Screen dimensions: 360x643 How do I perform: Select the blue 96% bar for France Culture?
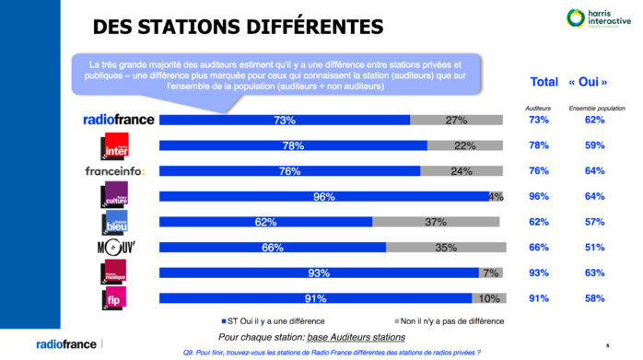point(323,196)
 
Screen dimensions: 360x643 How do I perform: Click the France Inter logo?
point(115,145)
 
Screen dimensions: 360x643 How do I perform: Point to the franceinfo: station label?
point(115,171)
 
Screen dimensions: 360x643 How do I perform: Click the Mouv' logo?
point(115,247)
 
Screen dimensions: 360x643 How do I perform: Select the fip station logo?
point(115,297)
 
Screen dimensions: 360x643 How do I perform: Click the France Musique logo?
point(115,272)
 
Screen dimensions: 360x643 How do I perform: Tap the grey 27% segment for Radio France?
point(457,120)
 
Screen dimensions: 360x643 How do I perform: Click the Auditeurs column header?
point(538,108)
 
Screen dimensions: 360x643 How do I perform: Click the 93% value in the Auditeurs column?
point(538,272)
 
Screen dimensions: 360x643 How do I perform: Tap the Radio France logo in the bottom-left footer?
point(66,344)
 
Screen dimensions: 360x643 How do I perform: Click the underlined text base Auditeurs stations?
point(358,337)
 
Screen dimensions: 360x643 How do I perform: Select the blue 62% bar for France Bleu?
point(265,222)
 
